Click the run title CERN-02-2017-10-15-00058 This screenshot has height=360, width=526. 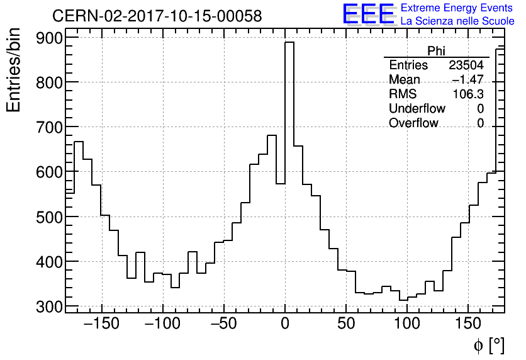(157, 16)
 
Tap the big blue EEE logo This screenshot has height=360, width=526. (368, 14)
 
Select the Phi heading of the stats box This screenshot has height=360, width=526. (436, 51)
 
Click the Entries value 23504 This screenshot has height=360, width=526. (466, 65)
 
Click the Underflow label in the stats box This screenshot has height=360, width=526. (417, 109)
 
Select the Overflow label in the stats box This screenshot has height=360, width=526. (413, 123)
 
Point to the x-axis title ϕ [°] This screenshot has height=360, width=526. (489, 345)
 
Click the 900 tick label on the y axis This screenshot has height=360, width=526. (50, 38)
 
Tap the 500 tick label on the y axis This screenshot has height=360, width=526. (50, 217)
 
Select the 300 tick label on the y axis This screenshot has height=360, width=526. (50, 307)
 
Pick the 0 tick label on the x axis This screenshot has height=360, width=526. (285, 325)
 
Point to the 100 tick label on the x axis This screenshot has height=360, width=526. (407, 325)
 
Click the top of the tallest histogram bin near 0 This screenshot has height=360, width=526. (289, 43)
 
